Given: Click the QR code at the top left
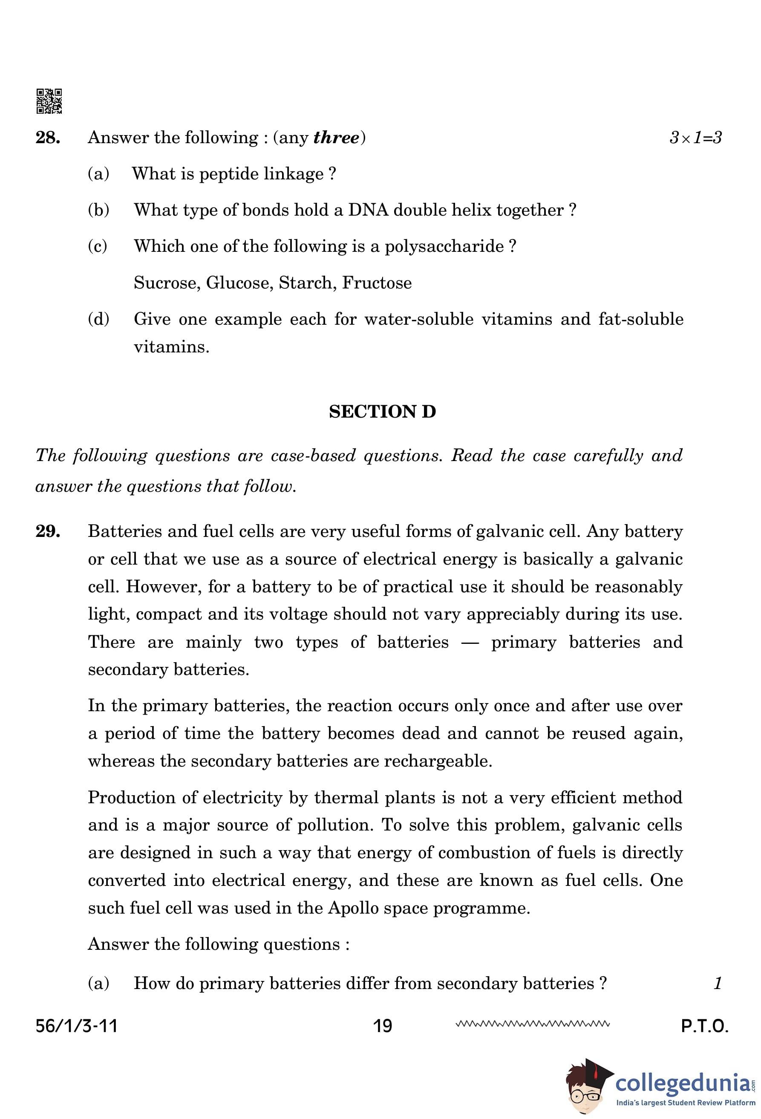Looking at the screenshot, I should (49, 101).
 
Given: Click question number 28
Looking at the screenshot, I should (48, 138).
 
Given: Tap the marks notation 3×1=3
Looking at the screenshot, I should (695, 138).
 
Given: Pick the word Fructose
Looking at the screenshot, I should (377, 283).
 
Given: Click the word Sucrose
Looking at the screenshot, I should (167, 283).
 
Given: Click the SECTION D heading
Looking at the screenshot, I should (382, 412).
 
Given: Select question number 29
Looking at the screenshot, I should (48, 531).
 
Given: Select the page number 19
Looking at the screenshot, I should (383, 1026).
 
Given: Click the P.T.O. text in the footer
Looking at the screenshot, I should (704, 1026).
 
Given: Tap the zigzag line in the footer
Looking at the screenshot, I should (532, 1024).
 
